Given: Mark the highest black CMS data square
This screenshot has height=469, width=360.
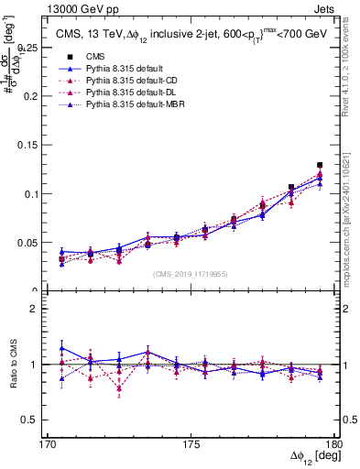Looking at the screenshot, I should tap(320, 166).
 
